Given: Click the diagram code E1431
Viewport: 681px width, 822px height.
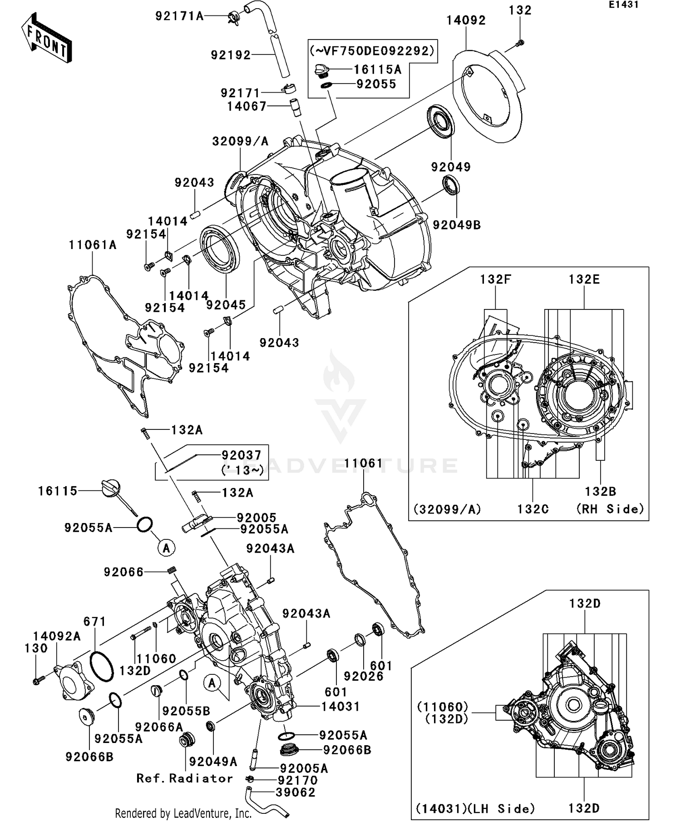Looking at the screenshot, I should pyautogui.click(x=623, y=5).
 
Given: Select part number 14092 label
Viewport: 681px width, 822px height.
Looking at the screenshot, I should pyautogui.click(x=466, y=20).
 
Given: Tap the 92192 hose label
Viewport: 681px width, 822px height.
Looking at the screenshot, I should pyautogui.click(x=231, y=55).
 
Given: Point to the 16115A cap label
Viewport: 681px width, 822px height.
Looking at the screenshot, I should pyautogui.click(x=377, y=70).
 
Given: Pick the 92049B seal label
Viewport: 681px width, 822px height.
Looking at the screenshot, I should pyautogui.click(x=456, y=225).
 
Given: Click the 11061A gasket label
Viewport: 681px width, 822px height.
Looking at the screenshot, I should pyautogui.click(x=93, y=245).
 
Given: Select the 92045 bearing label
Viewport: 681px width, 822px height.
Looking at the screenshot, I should pyautogui.click(x=226, y=305).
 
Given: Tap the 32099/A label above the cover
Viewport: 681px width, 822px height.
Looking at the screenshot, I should pyautogui.click(x=240, y=141).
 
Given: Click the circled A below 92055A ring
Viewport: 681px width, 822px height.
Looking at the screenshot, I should pyautogui.click(x=166, y=548).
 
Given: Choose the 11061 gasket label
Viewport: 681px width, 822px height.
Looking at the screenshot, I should pyautogui.click(x=364, y=463).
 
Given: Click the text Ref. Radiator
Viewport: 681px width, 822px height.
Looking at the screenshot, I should pyautogui.click(x=184, y=778).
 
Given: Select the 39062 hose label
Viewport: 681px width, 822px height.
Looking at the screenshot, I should pyautogui.click(x=296, y=792).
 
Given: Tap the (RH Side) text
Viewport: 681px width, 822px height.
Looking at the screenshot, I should pyautogui.click(x=610, y=509).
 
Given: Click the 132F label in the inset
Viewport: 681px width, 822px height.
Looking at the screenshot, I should pyautogui.click(x=495, y=279).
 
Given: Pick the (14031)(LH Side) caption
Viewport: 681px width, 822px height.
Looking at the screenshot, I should pyautogui.click(x=475, y=808).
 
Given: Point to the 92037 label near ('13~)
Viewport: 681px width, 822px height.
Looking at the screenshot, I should pyautogui.click(x=241, y=455).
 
